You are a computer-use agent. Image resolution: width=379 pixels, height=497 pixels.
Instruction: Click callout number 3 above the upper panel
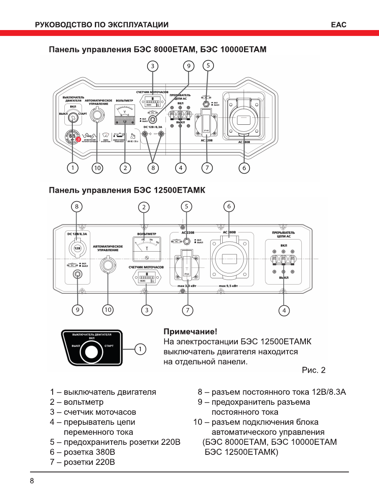click(153, 66)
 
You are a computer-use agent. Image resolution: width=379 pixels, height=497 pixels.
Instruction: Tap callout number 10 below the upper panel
click(97, 168)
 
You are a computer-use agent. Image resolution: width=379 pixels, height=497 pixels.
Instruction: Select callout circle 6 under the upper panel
click(244, 168)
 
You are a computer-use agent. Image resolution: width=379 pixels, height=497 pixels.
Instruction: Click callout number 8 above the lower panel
click(76, 206)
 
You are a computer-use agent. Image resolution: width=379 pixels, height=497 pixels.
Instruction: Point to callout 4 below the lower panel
click(284, 310)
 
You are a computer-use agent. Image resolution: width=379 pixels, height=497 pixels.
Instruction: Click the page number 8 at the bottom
click(32, 481)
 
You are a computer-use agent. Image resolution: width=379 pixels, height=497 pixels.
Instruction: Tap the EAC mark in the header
click(338, 25)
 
